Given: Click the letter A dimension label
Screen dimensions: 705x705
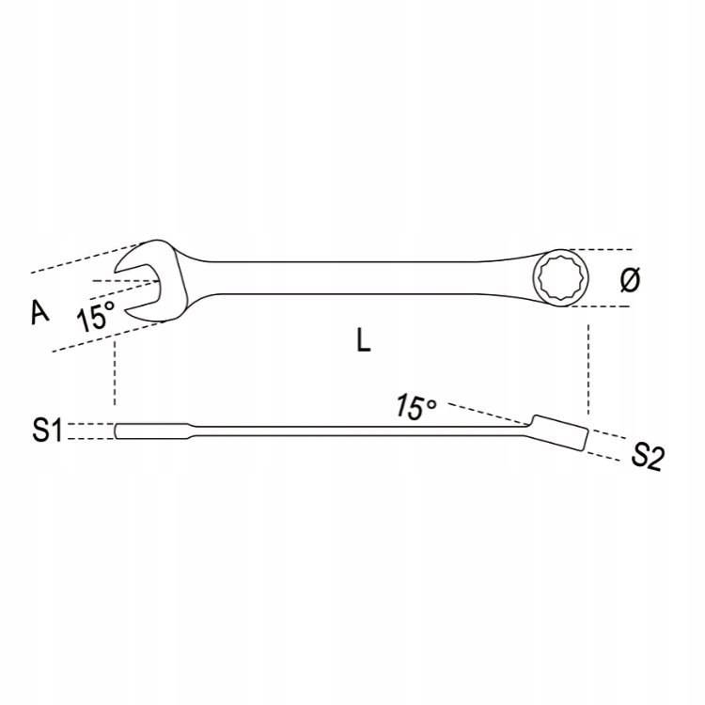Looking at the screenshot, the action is (40, 312).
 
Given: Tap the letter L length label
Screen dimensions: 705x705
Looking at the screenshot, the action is (363, 339).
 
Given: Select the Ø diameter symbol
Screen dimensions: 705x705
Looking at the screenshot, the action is (630, 279).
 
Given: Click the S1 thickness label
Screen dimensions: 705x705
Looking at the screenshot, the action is (47, 431).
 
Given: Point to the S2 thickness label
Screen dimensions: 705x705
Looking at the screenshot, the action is (647, 456).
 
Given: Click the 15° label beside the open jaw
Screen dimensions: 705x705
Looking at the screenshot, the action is (96, 315).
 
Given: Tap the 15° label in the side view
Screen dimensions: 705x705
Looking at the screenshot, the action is (415, 407).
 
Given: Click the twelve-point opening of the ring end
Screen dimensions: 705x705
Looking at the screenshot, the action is (561, 278).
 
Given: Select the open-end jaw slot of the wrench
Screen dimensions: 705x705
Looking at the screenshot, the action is (138, 288).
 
